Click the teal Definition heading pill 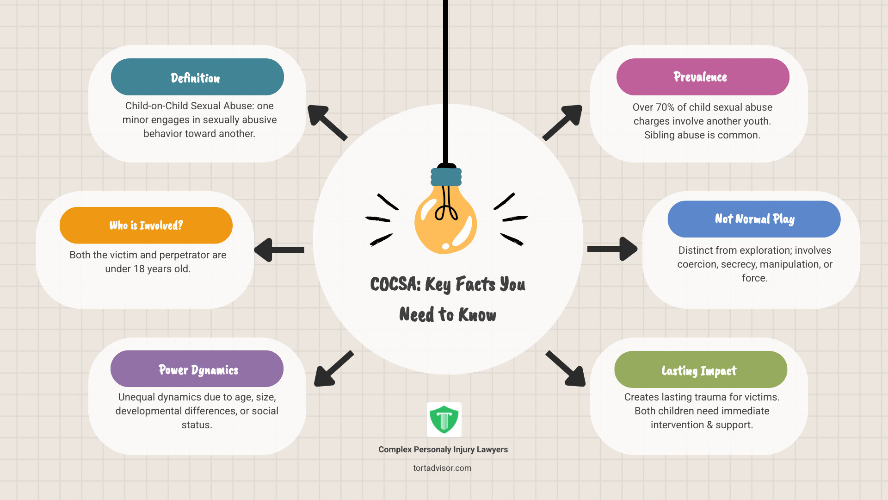(x=197, y=77)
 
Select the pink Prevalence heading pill (x=703, y=77)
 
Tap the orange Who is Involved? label (x=146, y=225)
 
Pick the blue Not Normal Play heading (x=754, y=219)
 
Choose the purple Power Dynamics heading (x=197, y=369)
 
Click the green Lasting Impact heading (x=701, y=369)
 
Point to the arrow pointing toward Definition (x=327, y=123)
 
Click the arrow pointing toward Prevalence (x=562, y=123)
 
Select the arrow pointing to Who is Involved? (x=279, y=250)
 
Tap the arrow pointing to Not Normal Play (x=612, y=249)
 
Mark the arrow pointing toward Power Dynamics (x=334, y=369)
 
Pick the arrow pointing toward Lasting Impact (x=566, y=369)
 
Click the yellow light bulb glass (x=445, y=220)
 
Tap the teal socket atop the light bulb (x=446, y=177)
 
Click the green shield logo (x=444, y=419)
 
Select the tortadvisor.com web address (x=442, y=468)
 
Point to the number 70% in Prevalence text (x=665, y=107)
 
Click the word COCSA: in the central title (x=395, y=284)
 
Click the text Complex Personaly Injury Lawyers (x=443, y=450)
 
